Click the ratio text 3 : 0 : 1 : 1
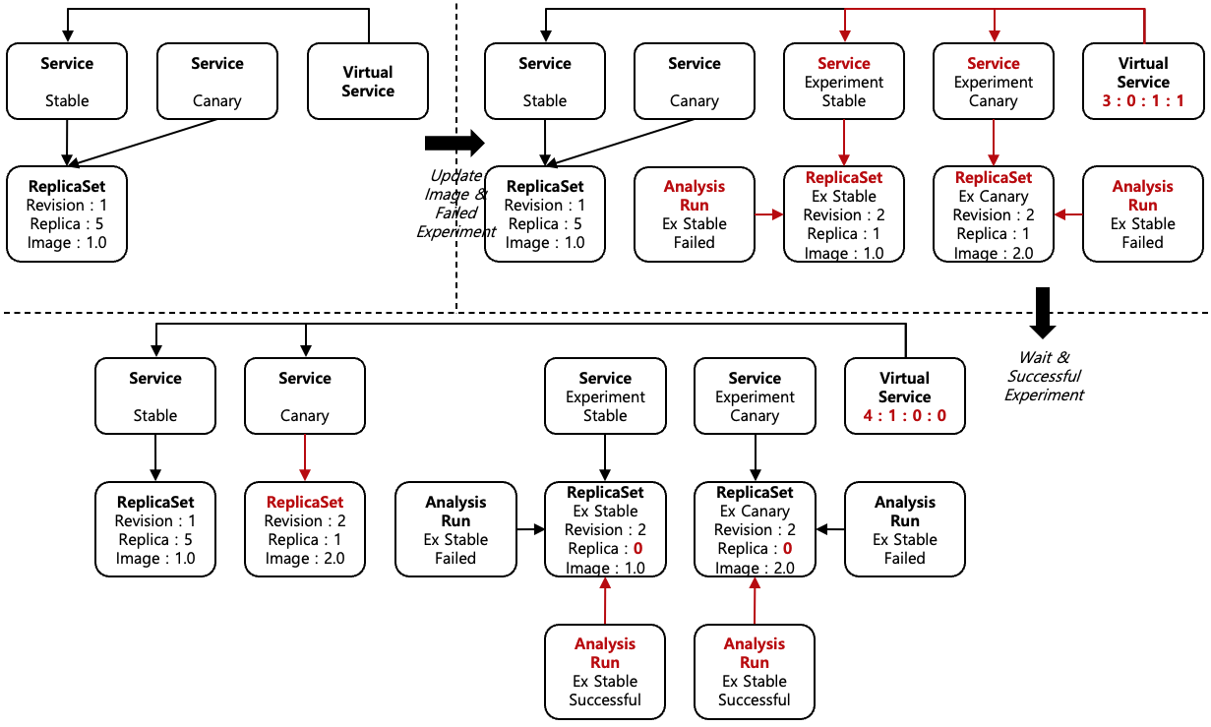pyautogui.click(x=1143, y=100)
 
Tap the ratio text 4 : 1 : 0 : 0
pyautogui.click(x=905, y=416)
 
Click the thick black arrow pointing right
pyautogui.click(x=454, y=143)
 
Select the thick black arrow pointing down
pyautogui.click(x=1043, y=312)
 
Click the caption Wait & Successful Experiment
pyautogui.click(x=1044, y=376)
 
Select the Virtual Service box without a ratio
pyautogui.click(x=368, y=82)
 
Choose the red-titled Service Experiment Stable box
pyautogui.click(x=844, y=82)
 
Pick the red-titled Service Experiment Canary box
pyautogui.click(x=994, y=82)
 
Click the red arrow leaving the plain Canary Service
pyautogui.click(x=305, y=457)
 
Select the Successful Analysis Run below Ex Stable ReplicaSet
pyautogui.click(x=605, y=672)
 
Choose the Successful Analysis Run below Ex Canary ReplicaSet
pyautogui.click(x=755, y=672)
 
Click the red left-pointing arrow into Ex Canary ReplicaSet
pyautogui.click(x=1068, y=213)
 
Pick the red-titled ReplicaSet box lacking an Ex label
pyautogui.click(x=305, y=529)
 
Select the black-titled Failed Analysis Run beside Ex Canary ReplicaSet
pyautogui.click(x=905, y=529)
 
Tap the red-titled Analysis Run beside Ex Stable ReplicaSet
pyautogui.click(x=695, y=213)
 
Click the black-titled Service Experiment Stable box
pyautogui.click(x=605, y=396)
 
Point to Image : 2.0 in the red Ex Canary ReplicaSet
pyautogui.click(x=994, y=253)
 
